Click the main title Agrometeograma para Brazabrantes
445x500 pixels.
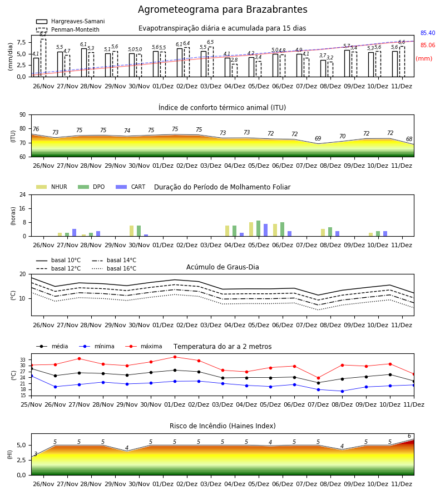[x=222, y=9]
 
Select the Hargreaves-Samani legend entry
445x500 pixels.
[x=71, y=21]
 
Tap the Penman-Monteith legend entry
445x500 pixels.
[x=68, y=29]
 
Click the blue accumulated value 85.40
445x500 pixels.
[x=428, y=33]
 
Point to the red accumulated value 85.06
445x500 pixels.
[x=428, y=46]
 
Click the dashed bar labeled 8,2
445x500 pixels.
[x=43, y=58]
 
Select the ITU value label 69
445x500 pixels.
[x=318, y=138]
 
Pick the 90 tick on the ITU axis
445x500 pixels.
[x=23, y=115]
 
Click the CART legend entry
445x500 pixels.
[x=131, y=187]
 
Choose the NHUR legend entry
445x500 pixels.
[x=52, y=187]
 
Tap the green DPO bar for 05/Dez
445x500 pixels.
[x=258, y=228]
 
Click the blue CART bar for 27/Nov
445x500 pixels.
[x=75, y=233]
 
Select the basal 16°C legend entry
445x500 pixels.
[x=114, y=268]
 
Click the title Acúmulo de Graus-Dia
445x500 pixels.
[x=222, y=267]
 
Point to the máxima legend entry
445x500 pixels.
[x=144, y=346]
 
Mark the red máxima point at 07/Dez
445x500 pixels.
[x=318, y=378]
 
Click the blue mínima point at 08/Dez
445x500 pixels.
[x=342, y=391]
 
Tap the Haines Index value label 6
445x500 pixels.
[x=409, y=436]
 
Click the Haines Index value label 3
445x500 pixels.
[x=36, y=454]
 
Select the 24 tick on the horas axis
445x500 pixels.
[x=23, y=194]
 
